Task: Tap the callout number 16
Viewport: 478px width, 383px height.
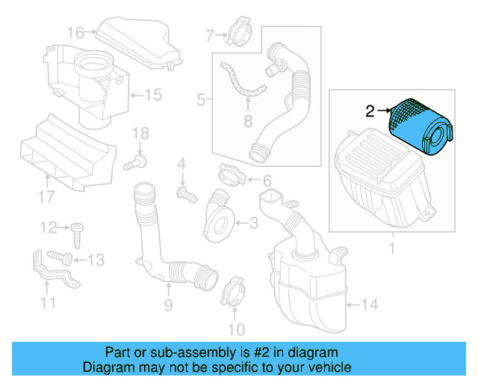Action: (76, 32)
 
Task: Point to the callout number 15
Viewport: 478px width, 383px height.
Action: (152, 95)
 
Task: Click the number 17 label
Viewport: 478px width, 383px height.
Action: (46, 197)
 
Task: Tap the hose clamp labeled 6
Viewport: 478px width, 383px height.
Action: (232, 177)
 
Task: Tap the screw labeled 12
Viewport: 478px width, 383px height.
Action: (78, 232)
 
